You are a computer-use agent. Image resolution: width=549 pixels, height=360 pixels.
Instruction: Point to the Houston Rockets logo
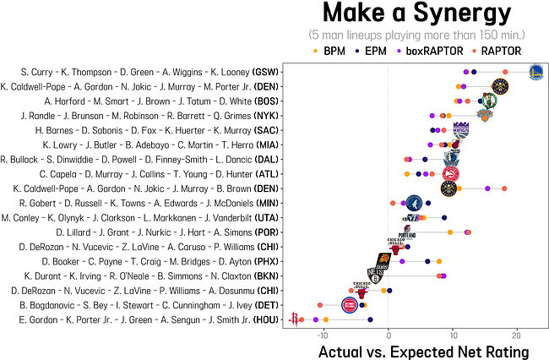tap(295, 318)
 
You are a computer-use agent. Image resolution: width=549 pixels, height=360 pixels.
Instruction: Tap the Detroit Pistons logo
tap(349, 304)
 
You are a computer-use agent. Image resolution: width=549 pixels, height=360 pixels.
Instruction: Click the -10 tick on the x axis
tap(322, 335)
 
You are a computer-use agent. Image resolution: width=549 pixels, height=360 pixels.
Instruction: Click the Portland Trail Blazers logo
tap(408, 232)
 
